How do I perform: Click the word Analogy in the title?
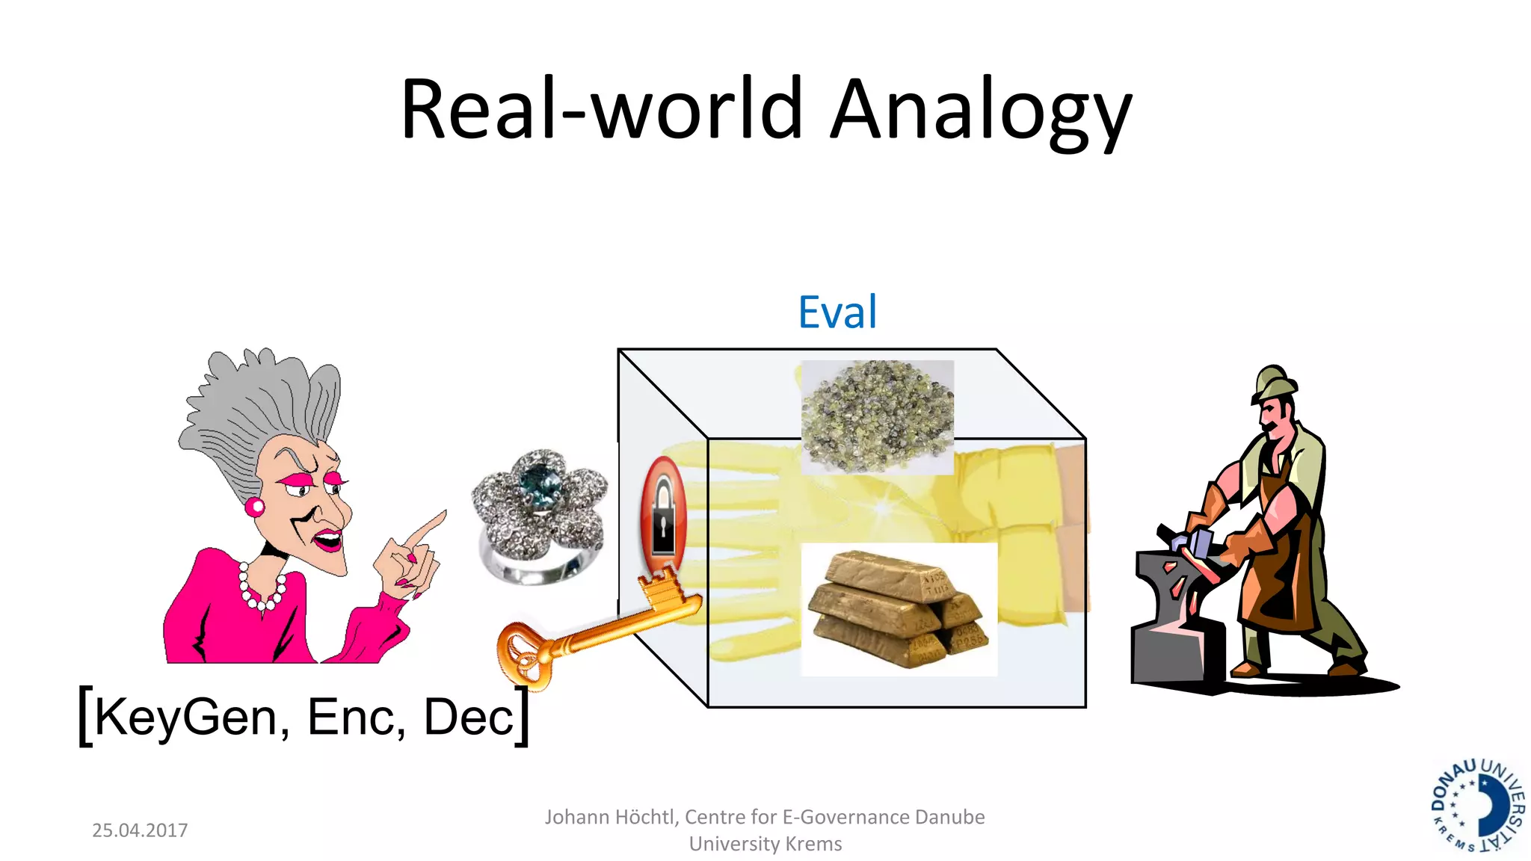[x=981, y=111]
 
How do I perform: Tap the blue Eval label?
[x=837, y=312]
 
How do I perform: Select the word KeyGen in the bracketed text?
[x=186, y=717]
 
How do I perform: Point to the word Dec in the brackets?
[x=469, y=717]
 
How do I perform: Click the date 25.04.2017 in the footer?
[x=140, y=830]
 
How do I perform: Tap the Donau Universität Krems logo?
[x=1477, y=806]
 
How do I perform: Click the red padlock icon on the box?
[x=663, y=516]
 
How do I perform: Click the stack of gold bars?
[x=900, y=609]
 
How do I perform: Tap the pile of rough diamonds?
[x=877, y=416]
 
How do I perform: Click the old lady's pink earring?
[x=255, y=507]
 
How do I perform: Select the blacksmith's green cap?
[x=1275, y=382]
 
